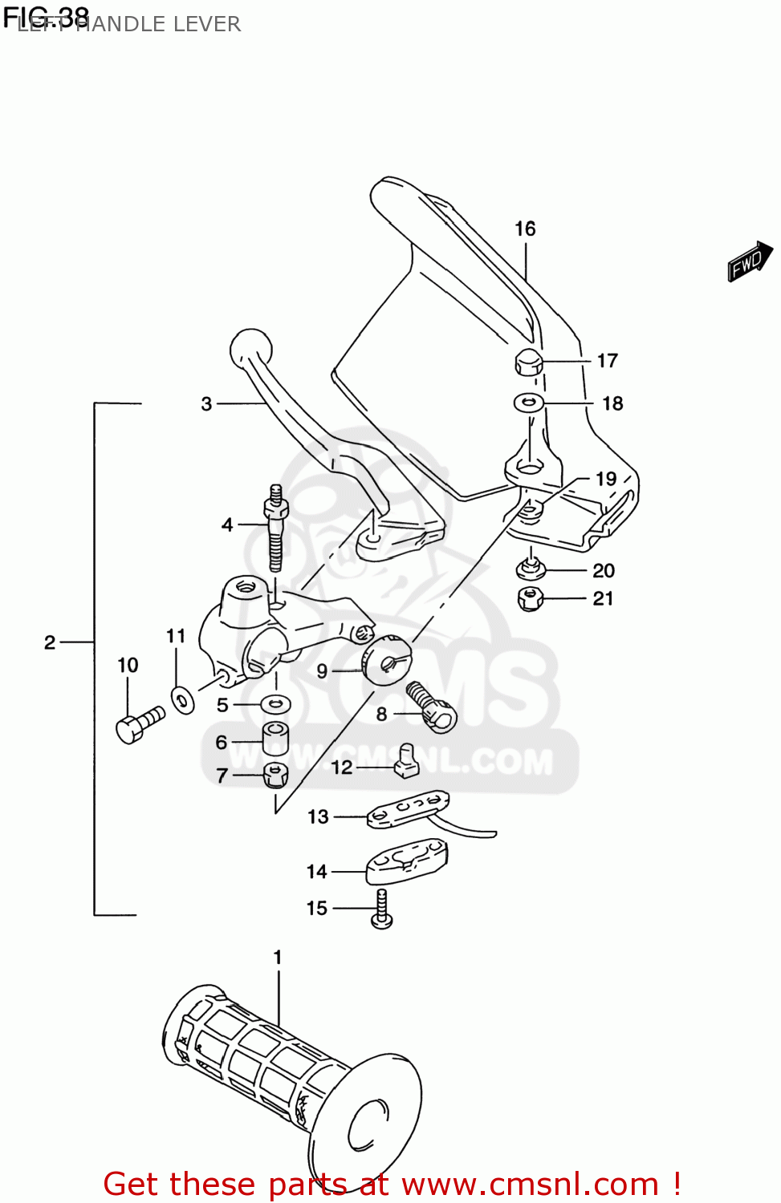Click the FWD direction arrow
[x=750, y=261]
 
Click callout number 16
[x=525, y=229]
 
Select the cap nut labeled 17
[x=528, y=363]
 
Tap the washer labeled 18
[x=529, y=403]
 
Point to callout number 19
[x=606, y=479]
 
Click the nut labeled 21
[x=530, y=598]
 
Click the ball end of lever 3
[x=251, y=349]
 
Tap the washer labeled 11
[x=182, y=700]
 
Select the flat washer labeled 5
[x=275, y=704]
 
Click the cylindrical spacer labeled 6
[x=275, y=738]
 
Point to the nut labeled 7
[x=275, y=775]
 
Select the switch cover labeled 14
[x=406, y=861]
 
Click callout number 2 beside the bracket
[x=50, y=642]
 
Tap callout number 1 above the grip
[x=278, y=957]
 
